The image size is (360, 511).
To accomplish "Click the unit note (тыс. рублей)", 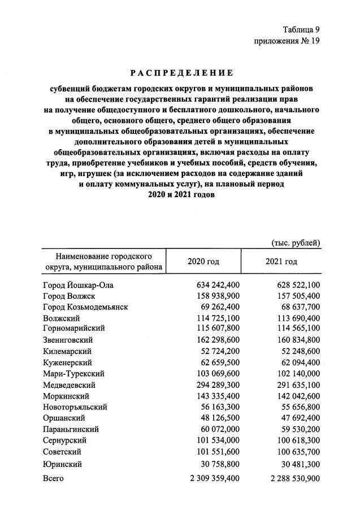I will [x=297, y=243].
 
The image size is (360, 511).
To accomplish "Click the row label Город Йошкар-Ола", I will [x=79, y=285].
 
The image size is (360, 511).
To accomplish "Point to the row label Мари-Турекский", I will [x=72, y=373].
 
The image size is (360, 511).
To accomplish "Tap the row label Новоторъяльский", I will [x=76, y=407].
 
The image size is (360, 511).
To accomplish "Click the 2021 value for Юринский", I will [x=299, y=464].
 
